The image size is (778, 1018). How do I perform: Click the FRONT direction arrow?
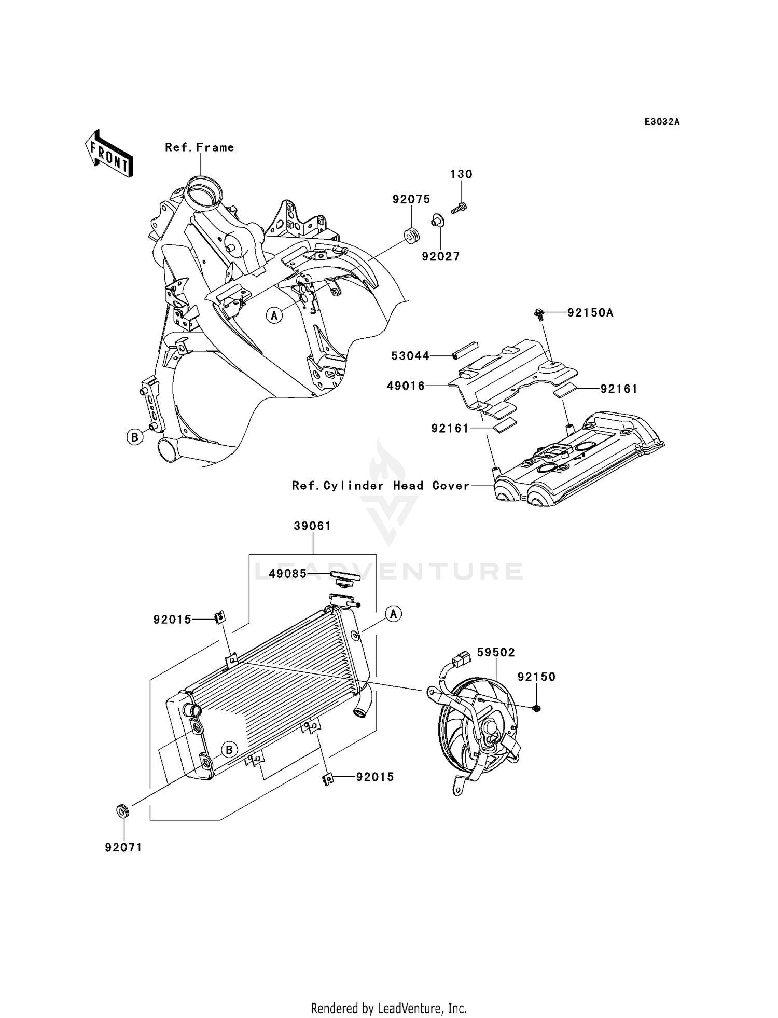pyautogui.click(x=108, y=154)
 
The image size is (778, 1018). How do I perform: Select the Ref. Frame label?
pyautogui.click(x=199, y=147)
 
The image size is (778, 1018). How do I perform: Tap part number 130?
pyautogui.click(x=461, y=174)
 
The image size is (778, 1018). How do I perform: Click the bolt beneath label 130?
pyautogui.click(x=460, y=208)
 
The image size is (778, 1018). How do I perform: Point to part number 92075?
pyautogui.click(x=411, y=199)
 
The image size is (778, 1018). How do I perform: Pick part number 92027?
pyautogui.click(x=440, y=256)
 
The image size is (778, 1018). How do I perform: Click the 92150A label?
pyautogui.click(x=590, y=313)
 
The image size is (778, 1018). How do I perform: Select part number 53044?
pyautogui.click(x=410, y=356)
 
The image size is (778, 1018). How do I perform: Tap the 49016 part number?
pyautogui.click(x=406, y=386)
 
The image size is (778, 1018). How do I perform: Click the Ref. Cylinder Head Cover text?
pyautogui.click(x=381, y=486)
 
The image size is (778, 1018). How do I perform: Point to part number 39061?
pyautogui.click(x=312, y=526)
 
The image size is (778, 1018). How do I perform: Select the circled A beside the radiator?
pyautogui.click(x=394, y=614)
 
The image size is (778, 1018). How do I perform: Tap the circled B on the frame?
pyautogui.click(x=135, y=437)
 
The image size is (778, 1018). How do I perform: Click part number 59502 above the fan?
pyautogui.click(x=496, y=652)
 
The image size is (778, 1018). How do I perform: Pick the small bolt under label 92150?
pyautogui.click(x=536, y=708)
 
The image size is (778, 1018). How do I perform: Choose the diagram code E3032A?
pyautogui.click(x=662, y=122)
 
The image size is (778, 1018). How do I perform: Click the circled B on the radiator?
pyautogui.click(x=229, y=750)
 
